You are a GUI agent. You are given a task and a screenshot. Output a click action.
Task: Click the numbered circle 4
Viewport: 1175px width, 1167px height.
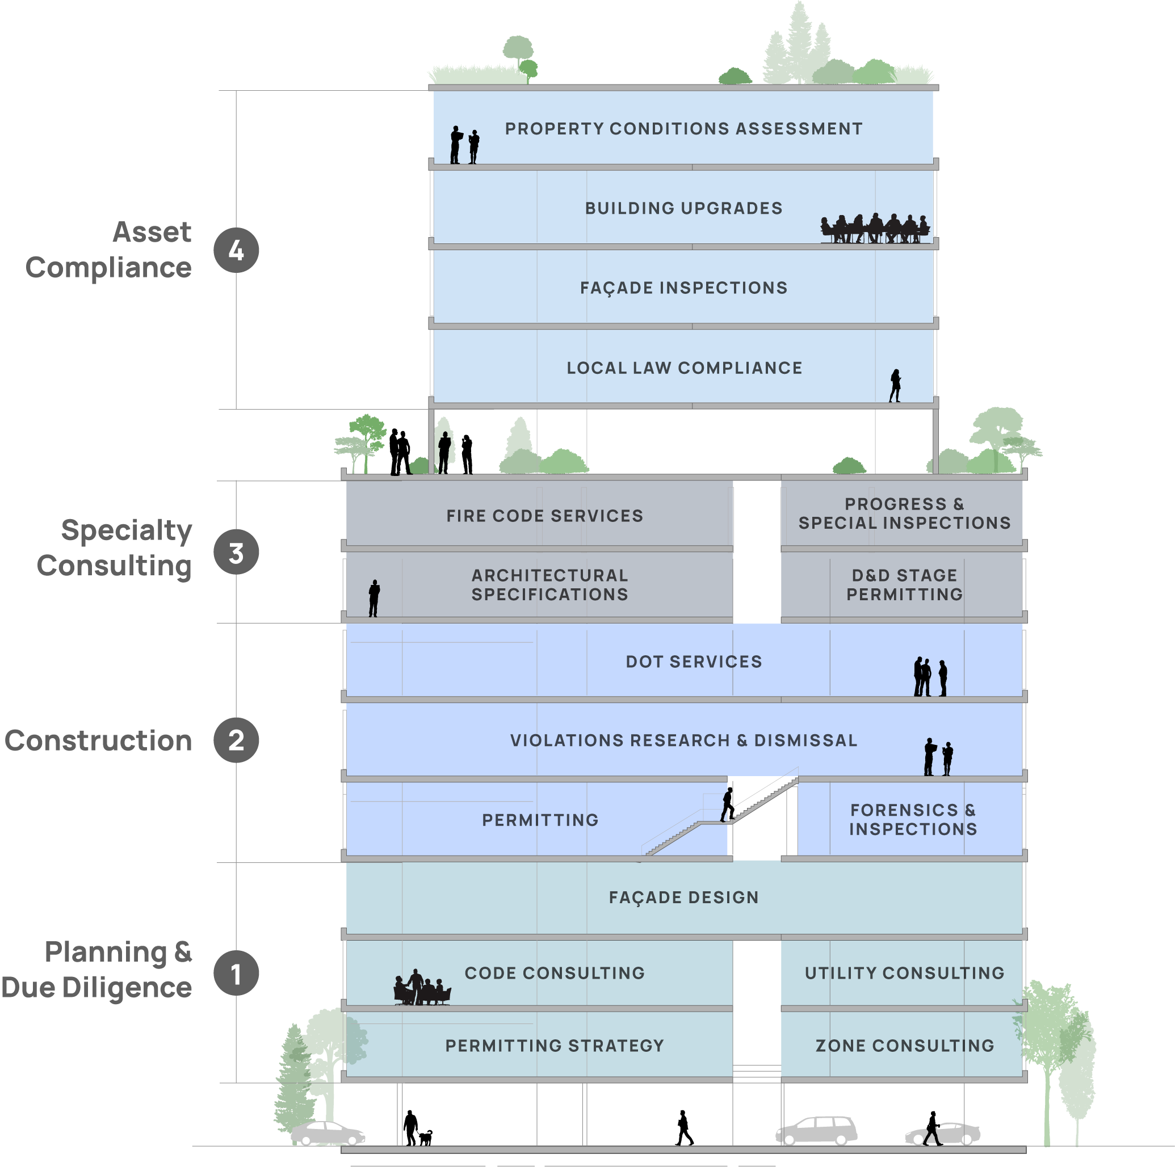(x=236, y=250)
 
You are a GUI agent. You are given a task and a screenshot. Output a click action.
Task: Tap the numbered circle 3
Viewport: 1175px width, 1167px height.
(x=236, y=553)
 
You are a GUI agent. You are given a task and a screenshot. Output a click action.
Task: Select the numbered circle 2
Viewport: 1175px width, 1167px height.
(x=236, y=740)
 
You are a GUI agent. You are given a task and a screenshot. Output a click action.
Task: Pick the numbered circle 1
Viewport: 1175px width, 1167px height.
(x=236, y=973)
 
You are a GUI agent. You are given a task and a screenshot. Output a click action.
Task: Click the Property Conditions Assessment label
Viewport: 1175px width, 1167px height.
(x=683, y=129)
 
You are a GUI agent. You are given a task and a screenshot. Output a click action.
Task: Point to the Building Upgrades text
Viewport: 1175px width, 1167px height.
(x=683, y=208)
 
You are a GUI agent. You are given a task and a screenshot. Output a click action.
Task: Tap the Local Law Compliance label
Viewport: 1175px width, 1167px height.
(x=684, y=368)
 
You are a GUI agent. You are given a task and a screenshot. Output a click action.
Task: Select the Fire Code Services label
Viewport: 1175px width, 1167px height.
(x=544, y=516)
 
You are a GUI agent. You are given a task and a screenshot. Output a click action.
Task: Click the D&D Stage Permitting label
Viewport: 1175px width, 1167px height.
(x=904, y=585)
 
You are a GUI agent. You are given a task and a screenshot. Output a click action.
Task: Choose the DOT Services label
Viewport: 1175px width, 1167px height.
(x=693, y=662)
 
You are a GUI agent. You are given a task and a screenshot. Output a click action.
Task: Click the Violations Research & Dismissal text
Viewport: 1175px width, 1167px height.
(x=683, y=740)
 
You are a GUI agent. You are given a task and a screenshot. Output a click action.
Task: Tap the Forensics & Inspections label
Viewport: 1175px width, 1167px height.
(x=913, y=819)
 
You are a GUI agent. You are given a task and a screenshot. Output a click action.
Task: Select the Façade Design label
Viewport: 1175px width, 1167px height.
(x=683, y=897)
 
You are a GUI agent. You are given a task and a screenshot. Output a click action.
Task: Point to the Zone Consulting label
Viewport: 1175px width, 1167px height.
(x=904, y=1046)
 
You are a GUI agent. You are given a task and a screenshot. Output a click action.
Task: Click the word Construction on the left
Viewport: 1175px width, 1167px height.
(x=99, y=740)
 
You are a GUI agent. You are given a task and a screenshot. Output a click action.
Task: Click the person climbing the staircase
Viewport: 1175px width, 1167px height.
(x=726, y=807)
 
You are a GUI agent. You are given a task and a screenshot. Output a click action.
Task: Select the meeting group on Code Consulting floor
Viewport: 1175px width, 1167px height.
(x=421, y=988)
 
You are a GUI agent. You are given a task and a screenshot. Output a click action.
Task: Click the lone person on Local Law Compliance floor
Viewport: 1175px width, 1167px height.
(x=895, y=385)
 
